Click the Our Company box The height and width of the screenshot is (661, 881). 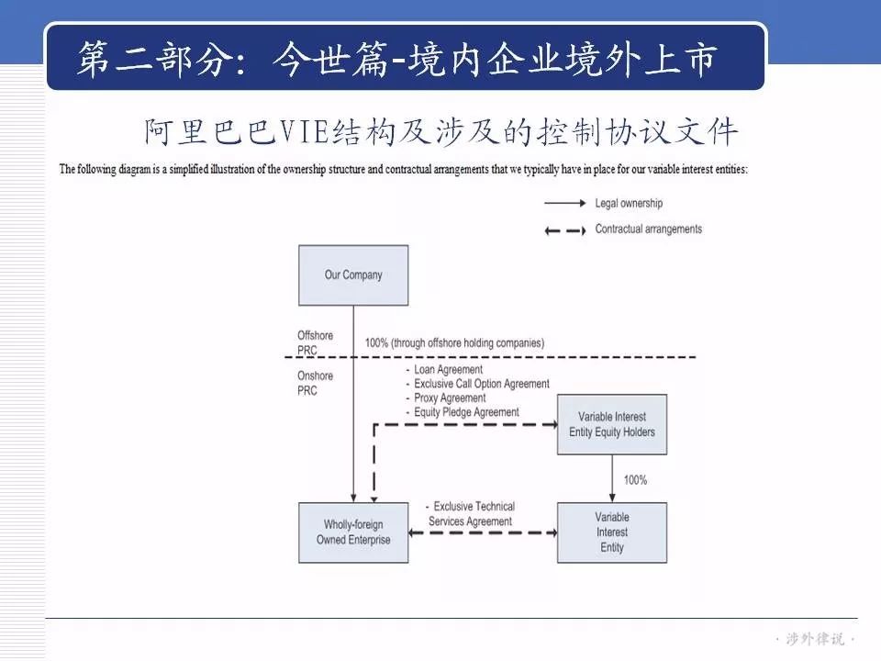tap(353, 275)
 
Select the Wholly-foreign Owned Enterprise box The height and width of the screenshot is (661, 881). tap(353, 532)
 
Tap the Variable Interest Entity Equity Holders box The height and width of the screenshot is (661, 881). tap(612, 424)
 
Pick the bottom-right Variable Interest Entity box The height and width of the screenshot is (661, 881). tap(612, 532)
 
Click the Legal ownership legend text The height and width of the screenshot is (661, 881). tap(629, 204)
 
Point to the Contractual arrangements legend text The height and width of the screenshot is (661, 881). tap(649, 230)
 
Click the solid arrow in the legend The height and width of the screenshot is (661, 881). tap(565, 203)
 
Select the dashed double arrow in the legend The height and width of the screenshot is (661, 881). tap(565, 230)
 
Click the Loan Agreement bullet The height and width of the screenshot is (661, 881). tap(444, 369)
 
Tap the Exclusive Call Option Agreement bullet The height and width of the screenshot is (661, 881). tap(477, 384)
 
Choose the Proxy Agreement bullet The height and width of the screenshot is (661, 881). tap(446, 398)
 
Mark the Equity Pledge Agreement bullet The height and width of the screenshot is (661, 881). tap(463, 412)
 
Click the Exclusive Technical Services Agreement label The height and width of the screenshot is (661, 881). tap(470, 514)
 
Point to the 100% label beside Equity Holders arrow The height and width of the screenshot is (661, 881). tap(635, 480)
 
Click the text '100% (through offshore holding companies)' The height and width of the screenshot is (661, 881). tap(454, 342)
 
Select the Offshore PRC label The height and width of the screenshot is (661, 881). tap(315, 342)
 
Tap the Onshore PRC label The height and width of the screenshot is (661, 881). tap(315, 384)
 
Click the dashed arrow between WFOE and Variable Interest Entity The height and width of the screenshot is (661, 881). tap(483, 532)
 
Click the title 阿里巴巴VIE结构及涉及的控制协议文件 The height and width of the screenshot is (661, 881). tap(440, 131)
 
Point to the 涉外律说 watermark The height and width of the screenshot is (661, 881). tap(815, 639)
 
